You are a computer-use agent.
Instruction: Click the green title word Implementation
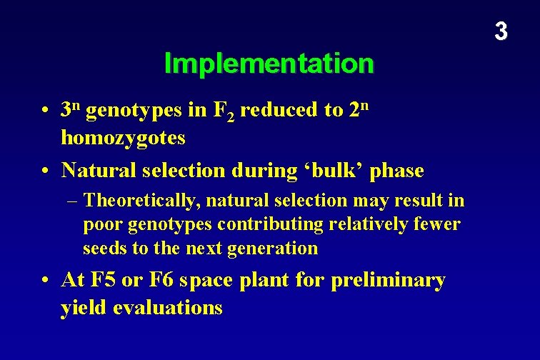(x=269, y=64)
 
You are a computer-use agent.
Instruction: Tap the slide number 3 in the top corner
(x=501, y=31)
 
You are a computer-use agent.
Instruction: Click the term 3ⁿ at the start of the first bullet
(x=71, y=110)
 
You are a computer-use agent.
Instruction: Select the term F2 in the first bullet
(x=224, y=111)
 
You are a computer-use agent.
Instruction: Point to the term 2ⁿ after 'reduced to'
(x=360, y=110)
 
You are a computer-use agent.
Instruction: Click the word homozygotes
(x=124, y=137)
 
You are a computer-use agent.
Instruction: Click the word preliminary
(x=388, y=280)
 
